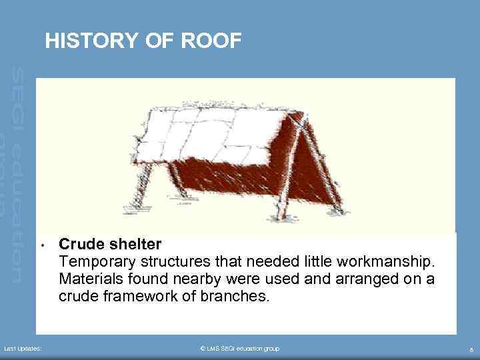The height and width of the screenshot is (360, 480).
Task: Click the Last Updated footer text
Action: click(x=23, y=349)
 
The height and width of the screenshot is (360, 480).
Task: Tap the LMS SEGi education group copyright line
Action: click(x=240, y=349)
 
